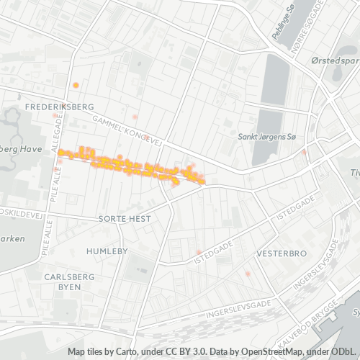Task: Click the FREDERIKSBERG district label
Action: (x=59, y=107)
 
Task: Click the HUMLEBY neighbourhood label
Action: (x=107, y=251)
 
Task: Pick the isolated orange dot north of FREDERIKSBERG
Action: (x=76, y=86)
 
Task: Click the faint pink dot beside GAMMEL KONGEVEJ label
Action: (x=135, y=116)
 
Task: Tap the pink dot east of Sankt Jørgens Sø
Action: (x=305, y=152)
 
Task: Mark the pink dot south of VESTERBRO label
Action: (x=247, y=274)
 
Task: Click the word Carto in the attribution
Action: (x=127, y=352)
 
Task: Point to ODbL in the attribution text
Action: (x=343, y=352)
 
